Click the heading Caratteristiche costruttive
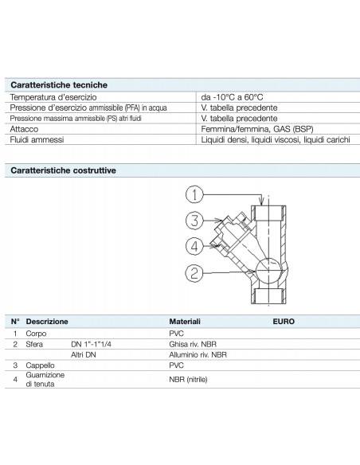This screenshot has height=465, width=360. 62,170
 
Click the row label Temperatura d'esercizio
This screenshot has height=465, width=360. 53,96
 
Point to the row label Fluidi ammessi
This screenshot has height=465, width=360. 37,139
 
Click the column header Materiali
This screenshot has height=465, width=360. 185,321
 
